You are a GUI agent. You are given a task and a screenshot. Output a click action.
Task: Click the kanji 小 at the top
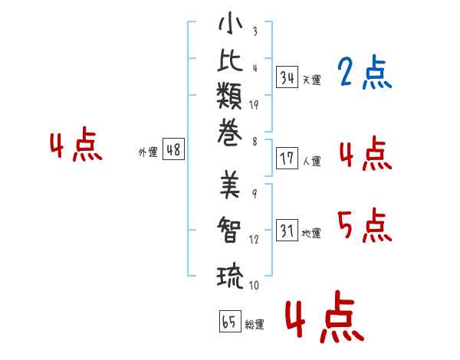point(230,23)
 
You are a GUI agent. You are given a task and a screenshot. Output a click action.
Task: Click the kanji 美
point(230,185)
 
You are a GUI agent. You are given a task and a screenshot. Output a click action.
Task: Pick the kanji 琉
point(230,277)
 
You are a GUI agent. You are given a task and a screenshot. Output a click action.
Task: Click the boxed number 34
point(287,77)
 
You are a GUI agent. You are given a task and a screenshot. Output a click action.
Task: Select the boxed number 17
point(287,159)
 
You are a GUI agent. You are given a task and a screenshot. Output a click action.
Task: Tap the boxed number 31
point(287,230)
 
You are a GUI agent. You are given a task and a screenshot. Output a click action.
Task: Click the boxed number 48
point(173,149)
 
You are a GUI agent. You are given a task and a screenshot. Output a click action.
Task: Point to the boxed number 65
point(230,321)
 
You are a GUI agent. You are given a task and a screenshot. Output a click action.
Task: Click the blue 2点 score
point(365,72)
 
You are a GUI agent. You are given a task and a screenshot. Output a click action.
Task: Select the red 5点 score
point(365,226)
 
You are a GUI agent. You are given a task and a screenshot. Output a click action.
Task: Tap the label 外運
point(148,152)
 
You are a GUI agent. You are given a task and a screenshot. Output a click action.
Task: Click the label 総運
point(255,324)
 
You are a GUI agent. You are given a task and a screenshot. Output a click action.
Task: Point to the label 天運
point(312,80)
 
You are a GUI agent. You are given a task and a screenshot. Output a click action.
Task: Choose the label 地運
point(311,233)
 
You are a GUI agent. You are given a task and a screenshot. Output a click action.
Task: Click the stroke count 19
point(254,105)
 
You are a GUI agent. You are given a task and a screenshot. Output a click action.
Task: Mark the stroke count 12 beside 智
point(254,239)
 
